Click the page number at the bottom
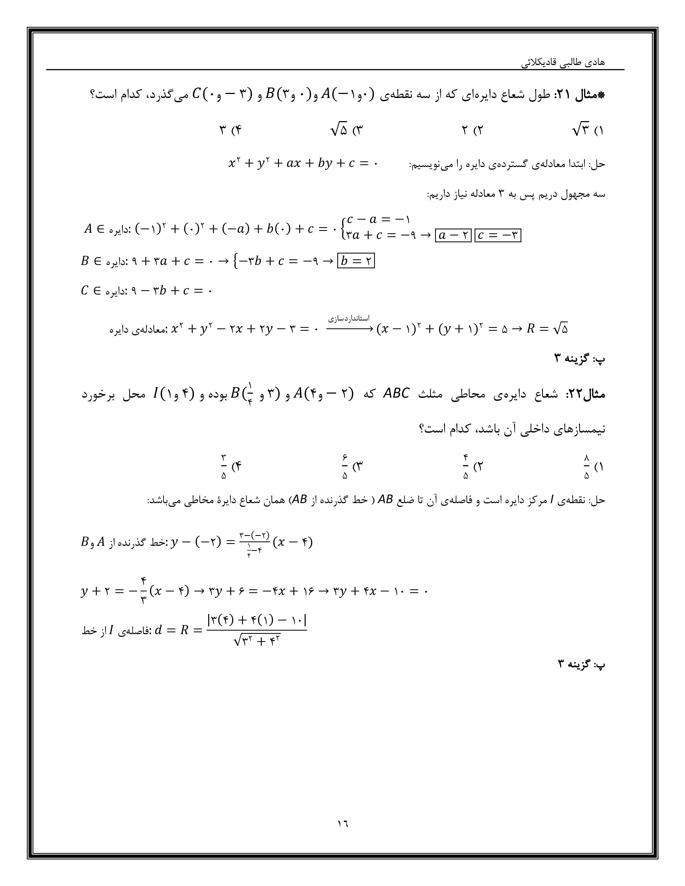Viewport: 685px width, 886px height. pyautogui.click(x=342, y=823)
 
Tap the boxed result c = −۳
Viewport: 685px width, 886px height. pyautogui.click(x=497, y=235)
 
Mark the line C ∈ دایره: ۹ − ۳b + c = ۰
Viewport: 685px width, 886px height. pyautogui.click(x=146, y=291)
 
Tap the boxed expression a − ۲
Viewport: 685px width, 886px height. pyautogui.click(x=453, y=235)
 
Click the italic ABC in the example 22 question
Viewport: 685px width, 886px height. pyautogui.click(x=396, y=394)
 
